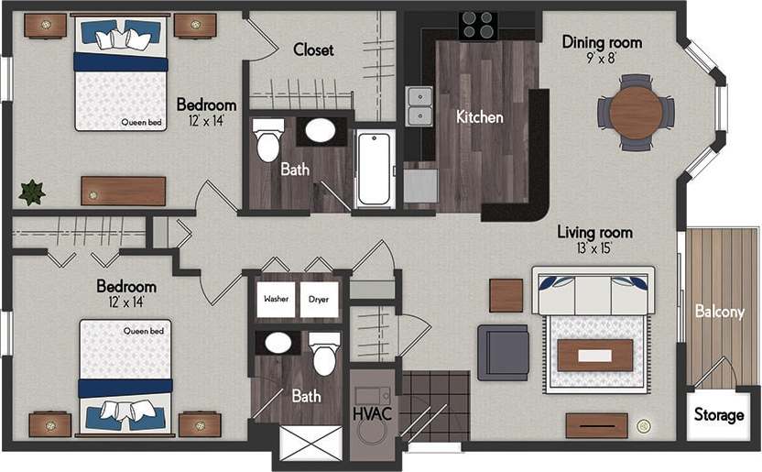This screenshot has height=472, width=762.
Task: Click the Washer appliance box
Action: point(276,300)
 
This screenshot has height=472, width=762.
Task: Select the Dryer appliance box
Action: point(320,300)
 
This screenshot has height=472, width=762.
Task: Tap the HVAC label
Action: point(373,414)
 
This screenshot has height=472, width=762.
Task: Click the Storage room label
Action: point(718,415)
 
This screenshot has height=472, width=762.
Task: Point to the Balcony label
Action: point(719,312)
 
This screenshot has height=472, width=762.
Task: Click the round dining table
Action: point(636,112)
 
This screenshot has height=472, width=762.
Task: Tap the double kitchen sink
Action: point(419,104)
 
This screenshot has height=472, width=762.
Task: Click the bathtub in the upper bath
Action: point(376,170)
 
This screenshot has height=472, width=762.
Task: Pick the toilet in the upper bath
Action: point(268,139)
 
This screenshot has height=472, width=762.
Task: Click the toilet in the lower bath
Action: point(325,354)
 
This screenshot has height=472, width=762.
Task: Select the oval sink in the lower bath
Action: point(278,344)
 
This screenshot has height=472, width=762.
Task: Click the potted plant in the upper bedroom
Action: point(33,192)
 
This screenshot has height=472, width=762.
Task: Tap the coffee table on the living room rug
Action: point(594,355)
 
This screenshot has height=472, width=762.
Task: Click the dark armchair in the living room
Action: point(503,352)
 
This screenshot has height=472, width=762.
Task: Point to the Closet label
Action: point(313,49)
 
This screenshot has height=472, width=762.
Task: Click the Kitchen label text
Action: point(480,117)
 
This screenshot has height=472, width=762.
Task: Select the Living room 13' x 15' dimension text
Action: point(595,248)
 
